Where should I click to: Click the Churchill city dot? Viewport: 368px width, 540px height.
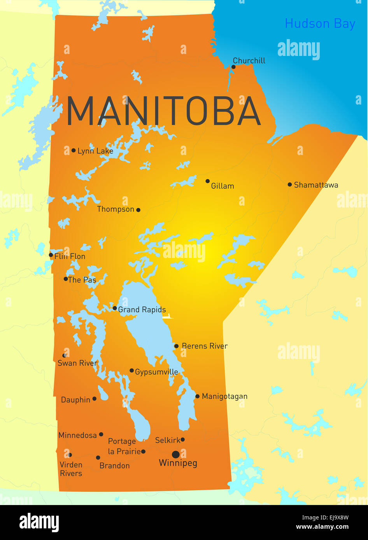[233, 67]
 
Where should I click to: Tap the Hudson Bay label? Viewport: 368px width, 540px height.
[320, 24]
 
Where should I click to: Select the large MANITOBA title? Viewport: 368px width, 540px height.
[163, 111]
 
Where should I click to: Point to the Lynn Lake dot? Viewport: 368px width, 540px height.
[74, 150]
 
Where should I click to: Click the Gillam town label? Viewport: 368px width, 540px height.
[223, 186]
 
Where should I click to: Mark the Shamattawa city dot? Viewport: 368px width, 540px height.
[290, 185]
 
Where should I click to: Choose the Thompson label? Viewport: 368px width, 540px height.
[116, 209]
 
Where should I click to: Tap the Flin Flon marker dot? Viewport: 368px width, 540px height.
[51, 255]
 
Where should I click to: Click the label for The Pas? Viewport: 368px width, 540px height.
[82, 280]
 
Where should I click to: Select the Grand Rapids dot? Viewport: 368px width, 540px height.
[115, 308]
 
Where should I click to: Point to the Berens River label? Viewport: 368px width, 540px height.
[205, 346]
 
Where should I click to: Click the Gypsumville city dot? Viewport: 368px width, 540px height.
[132, 371]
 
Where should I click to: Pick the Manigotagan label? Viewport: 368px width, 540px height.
[224, 397]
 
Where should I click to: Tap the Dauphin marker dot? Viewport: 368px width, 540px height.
[94, 399]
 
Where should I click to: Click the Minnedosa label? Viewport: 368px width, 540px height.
[77, 435]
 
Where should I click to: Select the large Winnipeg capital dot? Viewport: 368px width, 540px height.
[176, 455]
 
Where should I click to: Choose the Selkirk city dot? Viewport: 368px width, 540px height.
[182, 440]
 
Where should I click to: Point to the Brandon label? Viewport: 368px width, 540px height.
[114, 466]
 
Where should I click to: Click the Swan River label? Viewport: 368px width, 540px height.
[77, 363]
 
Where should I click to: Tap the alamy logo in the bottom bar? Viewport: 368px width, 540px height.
[39, 522]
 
